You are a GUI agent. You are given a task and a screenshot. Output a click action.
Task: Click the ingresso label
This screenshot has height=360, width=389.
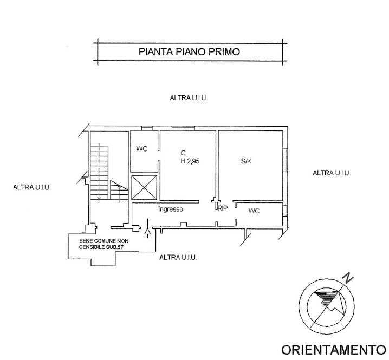[x=171, y=209]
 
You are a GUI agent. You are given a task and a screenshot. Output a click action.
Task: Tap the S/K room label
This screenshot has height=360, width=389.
[x=247, y=161]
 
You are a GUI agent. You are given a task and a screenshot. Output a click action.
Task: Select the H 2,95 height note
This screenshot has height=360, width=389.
[x=190, y=161]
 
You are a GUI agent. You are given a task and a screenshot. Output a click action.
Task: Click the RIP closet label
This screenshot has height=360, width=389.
[x=222, y=208]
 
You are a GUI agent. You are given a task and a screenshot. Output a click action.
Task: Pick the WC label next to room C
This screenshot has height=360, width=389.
[x=142, y=149]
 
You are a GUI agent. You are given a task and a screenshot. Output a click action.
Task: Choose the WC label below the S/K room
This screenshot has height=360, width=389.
[x=254, y=211]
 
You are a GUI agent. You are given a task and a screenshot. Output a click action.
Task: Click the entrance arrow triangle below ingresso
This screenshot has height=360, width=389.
[x=147, y=231]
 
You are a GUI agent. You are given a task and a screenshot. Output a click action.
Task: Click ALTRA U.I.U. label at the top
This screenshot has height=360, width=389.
[x=189, y=97]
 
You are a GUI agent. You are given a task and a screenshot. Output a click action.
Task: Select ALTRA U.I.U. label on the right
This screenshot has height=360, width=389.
[x=332, y=173]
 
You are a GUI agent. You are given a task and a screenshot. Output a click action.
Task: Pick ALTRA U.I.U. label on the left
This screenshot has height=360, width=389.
[x=31, y=187]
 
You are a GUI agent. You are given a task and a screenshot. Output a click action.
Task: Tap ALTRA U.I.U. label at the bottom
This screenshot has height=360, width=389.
[x=178, y=258]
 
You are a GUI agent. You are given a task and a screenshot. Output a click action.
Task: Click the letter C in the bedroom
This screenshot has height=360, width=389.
[x=184, y=153]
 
